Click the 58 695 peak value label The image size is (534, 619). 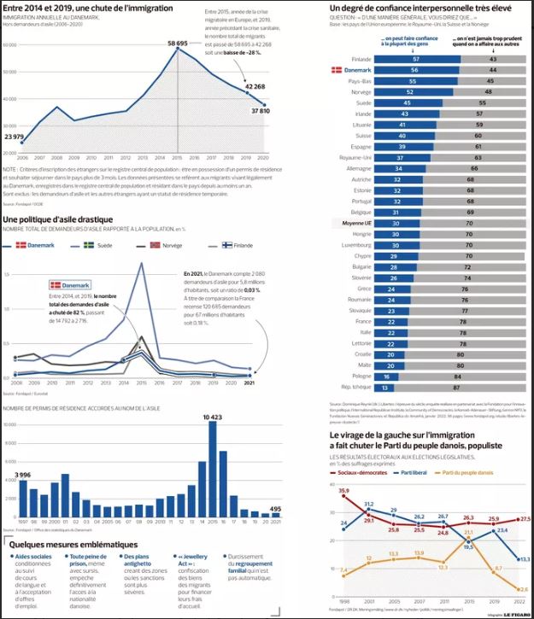click(177, 42)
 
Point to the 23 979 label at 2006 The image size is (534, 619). click(15, 137)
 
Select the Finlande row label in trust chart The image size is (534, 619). click(361, 58)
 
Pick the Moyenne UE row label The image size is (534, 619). click(357, 222)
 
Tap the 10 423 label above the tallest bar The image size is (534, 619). click(213, 416)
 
